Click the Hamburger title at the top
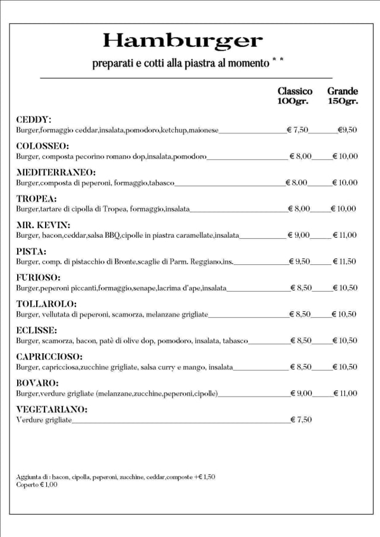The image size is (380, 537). tap(182, 41)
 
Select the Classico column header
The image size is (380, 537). tap(294, 91)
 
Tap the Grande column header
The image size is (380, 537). tap(343, 91)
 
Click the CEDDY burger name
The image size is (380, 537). tap(34, 120)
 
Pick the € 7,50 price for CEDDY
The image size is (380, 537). tap(297, 130)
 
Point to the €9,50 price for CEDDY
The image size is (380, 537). tap(347, 130)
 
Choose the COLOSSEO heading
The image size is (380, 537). tap(43, 146)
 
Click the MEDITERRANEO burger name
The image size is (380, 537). tap(56, 172)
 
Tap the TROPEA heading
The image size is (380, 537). tap(36, 199)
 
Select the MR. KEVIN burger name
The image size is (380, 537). tap(43, 225)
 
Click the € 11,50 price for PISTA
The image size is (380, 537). tap(344, 261)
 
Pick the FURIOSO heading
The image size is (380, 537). tap(39, 277)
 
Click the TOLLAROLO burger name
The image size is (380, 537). tap(46, 304)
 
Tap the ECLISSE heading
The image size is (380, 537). tap(37, 330)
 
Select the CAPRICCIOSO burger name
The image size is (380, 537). tap(49, 357)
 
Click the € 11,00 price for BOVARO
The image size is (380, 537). tap(344, 394)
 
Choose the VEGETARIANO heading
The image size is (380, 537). tap(52, 410)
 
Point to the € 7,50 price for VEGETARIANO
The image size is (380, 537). tap(301, 420)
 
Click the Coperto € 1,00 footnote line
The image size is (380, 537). tap(37, 485)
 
